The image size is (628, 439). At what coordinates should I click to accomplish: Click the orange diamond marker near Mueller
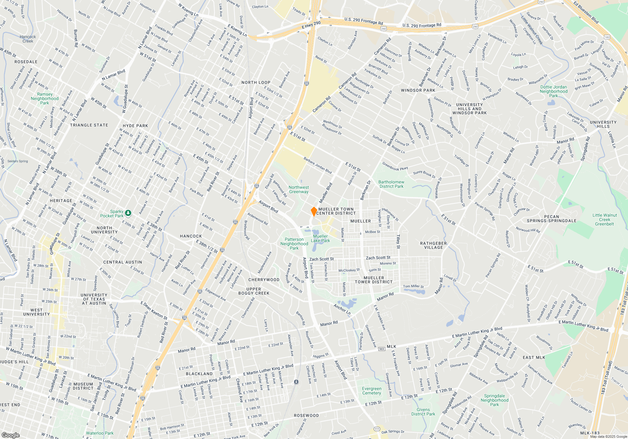[314, 211]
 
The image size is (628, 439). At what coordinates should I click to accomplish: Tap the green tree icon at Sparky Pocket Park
[128, 213]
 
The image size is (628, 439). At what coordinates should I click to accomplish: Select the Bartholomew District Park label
[391, 184]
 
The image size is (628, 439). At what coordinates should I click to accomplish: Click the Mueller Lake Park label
[320, 239]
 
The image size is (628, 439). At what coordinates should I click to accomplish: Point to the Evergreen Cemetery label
[371, 391]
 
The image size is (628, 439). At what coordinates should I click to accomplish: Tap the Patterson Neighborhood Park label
[294, 244]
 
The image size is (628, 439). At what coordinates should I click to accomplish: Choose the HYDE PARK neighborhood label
[135, 126]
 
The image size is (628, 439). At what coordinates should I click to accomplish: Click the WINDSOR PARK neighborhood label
[418, 90]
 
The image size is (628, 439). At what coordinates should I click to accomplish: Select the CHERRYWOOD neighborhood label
[264, 280]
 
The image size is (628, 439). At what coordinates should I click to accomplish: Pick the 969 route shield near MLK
[382, 349]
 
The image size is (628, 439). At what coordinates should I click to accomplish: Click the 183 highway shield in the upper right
[607, 37]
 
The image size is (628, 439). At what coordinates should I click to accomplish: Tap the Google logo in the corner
[11, 435]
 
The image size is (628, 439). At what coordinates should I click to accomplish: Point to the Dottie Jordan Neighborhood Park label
[554, 92]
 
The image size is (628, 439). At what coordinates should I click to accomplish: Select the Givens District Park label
[423, 412]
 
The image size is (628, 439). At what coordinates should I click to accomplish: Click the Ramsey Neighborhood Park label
[45, 98]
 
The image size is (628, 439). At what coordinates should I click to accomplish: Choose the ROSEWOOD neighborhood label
[306, 415]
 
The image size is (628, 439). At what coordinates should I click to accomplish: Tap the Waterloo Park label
[100, 433]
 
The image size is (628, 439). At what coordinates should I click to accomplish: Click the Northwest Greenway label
[299, 190]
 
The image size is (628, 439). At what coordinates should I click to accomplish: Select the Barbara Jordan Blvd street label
[317, 166]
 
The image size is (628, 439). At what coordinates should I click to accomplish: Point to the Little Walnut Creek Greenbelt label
[604, 219]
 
